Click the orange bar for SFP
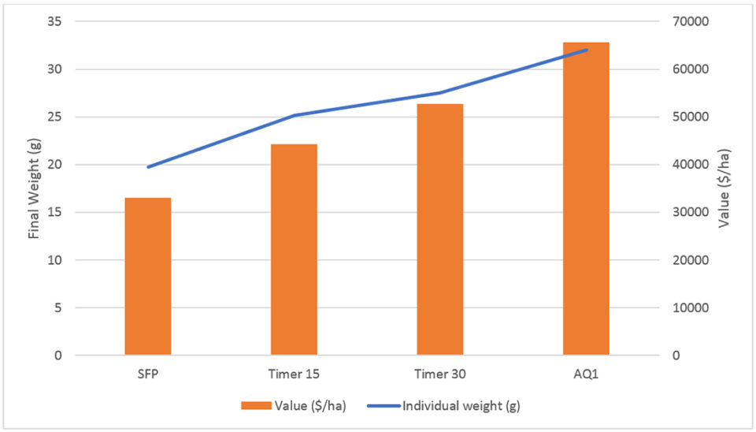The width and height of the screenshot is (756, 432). click(148, 276)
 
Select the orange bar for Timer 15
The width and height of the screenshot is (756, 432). click(294, 249)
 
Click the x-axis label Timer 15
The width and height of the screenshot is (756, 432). click(294, 373)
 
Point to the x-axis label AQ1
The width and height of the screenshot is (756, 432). click(586, 373)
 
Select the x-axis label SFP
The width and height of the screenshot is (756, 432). click(148, 373)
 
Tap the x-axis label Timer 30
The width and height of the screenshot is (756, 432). click(440, 373)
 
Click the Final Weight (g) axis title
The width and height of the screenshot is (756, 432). click(33, 188)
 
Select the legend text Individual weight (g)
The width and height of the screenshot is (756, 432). click(461, 407)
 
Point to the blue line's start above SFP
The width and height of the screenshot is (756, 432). click(148, 167)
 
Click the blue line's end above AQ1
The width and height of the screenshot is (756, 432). click(587, 50)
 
